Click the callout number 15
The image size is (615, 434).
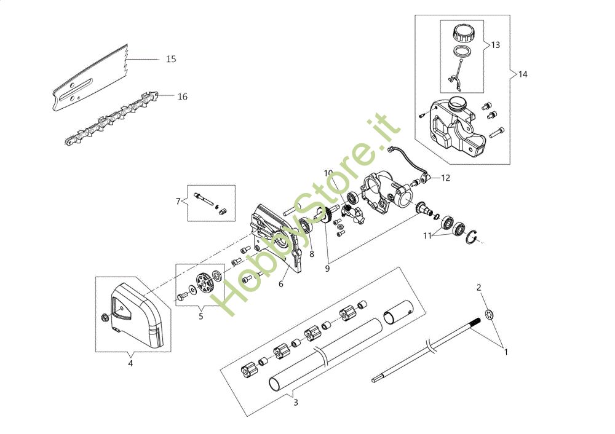(x=171, y=59)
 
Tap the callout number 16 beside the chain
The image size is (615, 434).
(x=183, y=97)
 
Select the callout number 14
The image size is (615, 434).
(x=523, y=74)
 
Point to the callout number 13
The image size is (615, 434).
(x=495, y=45)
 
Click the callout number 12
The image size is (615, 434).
(x=445, y=178)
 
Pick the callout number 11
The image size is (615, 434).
(x=427, y=235)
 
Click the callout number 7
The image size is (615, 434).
(x=178, y=201)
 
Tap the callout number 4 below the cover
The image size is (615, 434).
(x=130, y=363)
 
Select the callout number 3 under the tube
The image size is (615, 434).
(x=296, y=402)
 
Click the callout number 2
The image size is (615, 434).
(x=478, y=287)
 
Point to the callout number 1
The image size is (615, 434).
(x=506, y=352)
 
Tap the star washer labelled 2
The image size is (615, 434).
(x=490, y=314)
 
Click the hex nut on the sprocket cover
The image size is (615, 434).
(x=105, y=317)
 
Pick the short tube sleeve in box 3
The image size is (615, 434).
(x=398, y=312)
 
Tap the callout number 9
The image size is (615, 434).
(x=327, y=269)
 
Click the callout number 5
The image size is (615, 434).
(x=201, y=316)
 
